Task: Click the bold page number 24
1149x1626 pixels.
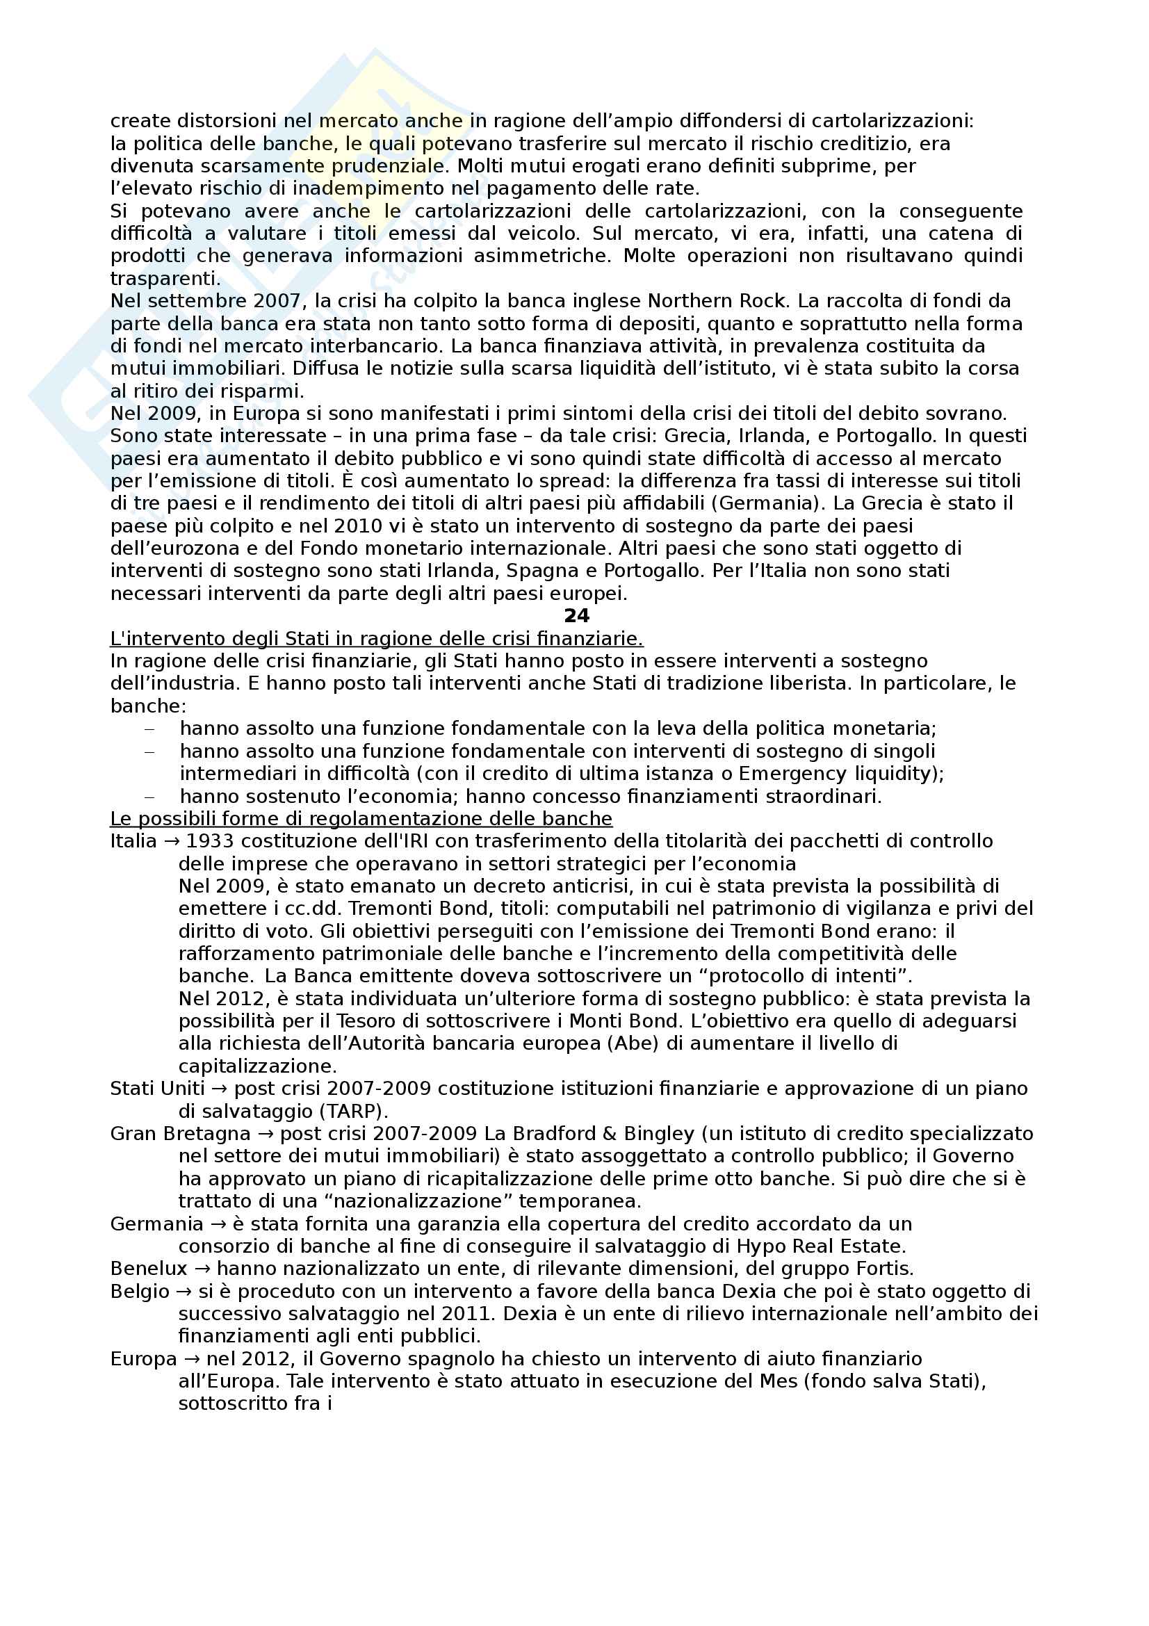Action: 576,616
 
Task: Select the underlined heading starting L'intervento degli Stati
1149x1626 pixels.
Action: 376,639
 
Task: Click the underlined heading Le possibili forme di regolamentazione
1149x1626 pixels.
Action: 361,819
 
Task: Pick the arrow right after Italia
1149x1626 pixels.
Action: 171,841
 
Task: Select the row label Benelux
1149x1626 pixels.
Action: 149,1269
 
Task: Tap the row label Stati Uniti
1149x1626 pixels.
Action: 157,1089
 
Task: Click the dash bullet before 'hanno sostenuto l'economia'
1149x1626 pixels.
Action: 149,797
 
